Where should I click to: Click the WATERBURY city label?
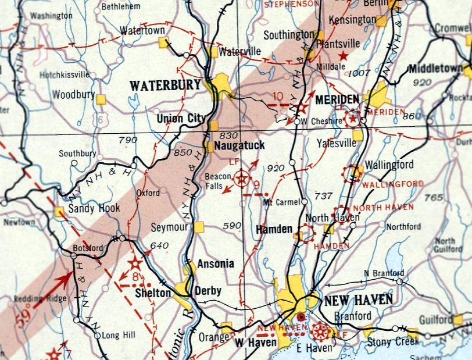[165, 85]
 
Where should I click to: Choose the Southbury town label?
[78, 154]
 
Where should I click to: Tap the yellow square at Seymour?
[199, 227]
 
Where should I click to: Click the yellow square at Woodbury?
[101, 99]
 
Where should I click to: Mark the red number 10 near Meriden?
[278, 96]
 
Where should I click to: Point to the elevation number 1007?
[360, 73]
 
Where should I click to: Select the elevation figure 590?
[231, 225]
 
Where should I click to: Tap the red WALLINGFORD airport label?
[393, 184]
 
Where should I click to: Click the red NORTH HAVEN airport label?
[383, 207]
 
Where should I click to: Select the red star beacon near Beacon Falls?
[241, 178]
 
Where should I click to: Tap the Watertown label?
[142, 30]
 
